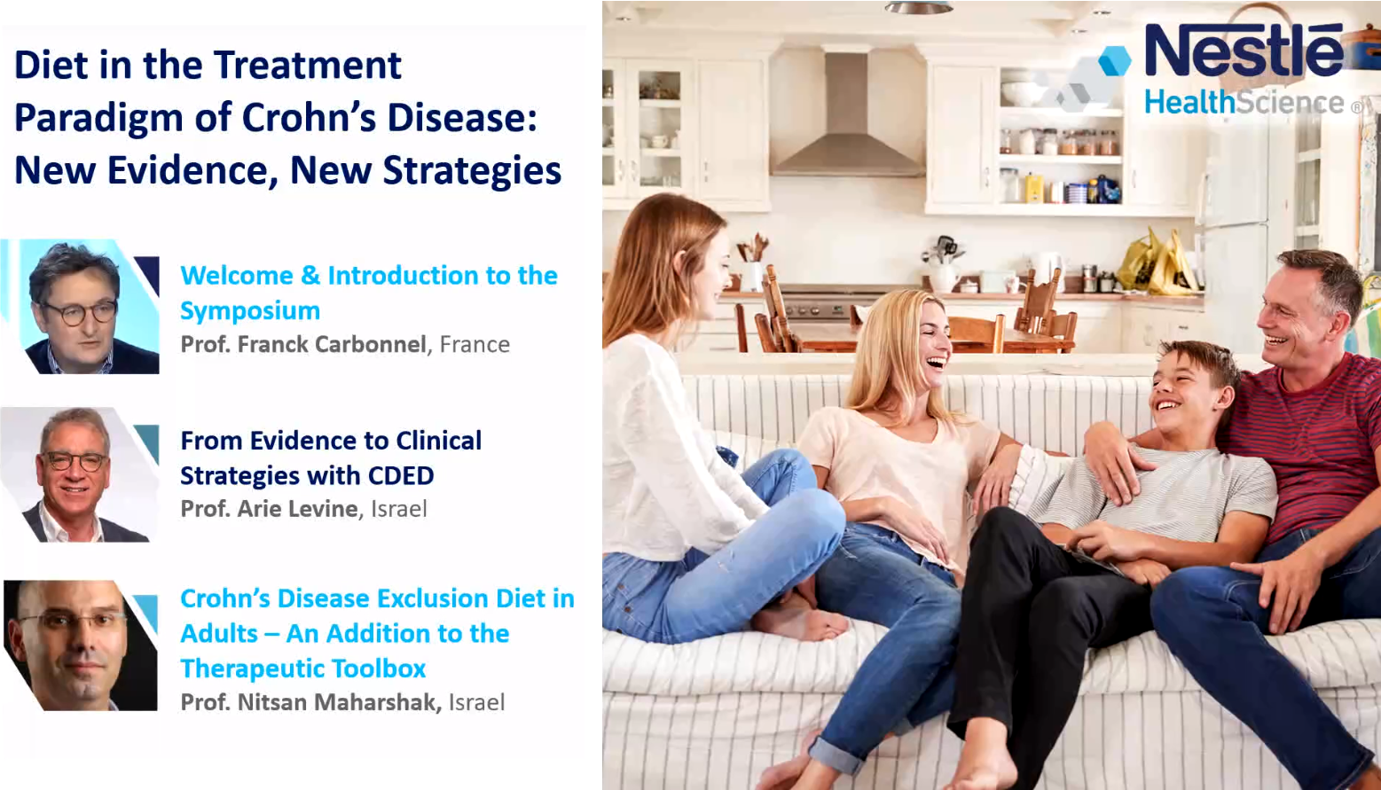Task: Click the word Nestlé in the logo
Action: tap(1244, 50)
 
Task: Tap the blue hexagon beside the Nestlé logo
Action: tap(1115, 61)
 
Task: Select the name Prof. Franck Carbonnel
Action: tap(303, 344)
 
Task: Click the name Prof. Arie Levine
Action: tap(269, 509)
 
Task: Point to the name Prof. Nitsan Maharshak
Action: tap(310, 702)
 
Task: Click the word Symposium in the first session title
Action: tap(250, 311)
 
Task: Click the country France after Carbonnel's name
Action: tap(475, 344)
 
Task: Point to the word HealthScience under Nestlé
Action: tap(1244, 102)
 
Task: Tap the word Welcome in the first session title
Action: tap(237, 276)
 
